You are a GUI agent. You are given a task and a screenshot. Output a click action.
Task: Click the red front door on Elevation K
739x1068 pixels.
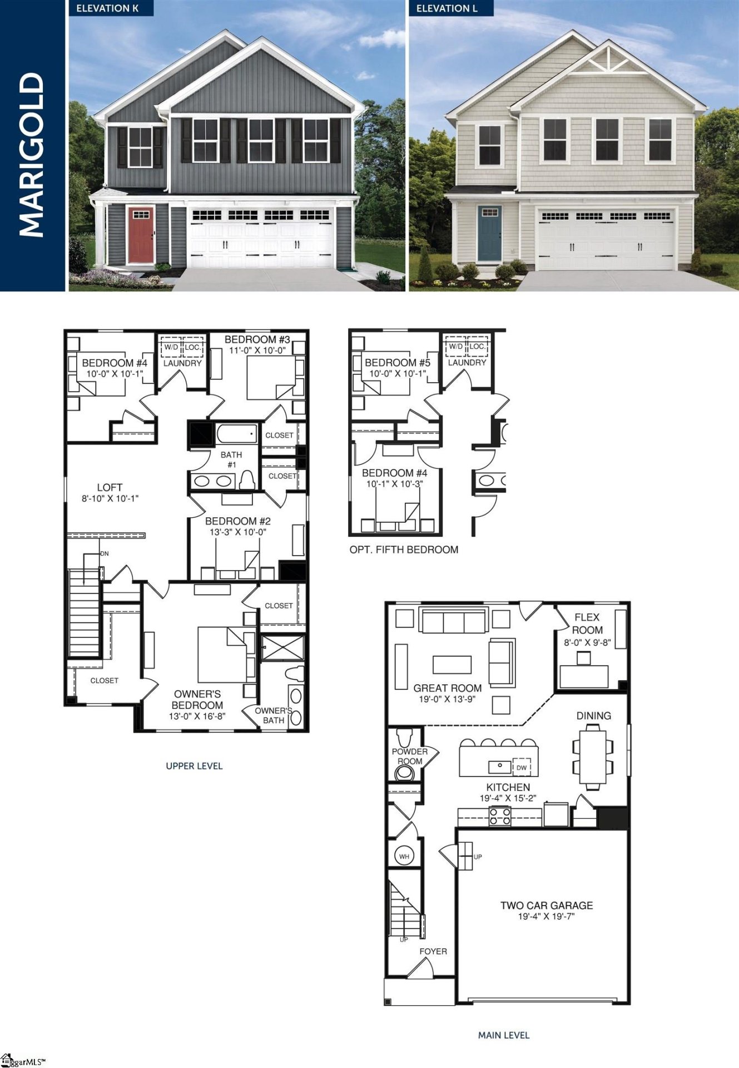pos(141,235)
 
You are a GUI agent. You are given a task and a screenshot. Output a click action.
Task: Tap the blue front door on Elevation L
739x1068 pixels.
pos(489,233)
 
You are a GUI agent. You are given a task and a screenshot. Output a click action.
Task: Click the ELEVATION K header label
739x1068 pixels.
pos(107,8)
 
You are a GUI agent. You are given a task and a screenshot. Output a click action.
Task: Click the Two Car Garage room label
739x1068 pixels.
pos(547,906)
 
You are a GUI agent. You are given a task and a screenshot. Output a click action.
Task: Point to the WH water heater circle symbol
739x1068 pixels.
pos(404,856)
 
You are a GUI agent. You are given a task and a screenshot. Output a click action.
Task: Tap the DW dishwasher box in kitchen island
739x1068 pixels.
pos(522,768)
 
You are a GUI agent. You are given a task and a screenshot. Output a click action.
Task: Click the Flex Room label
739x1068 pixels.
pos(587,624)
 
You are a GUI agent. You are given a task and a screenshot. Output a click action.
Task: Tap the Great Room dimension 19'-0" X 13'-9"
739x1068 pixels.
pos(447,699)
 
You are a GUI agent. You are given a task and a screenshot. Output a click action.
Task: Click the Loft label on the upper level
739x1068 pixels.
pos(110,487)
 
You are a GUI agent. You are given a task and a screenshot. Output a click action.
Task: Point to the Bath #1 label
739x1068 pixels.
pos(231,459)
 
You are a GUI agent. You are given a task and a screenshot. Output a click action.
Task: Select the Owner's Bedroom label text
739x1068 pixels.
pos(197,699)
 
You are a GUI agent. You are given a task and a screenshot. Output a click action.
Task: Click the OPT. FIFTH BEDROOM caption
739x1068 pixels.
pos(404,550)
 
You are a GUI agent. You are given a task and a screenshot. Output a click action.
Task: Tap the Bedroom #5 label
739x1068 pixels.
pos(397,362)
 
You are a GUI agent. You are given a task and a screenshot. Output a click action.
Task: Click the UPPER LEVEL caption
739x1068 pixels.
pos(194,766)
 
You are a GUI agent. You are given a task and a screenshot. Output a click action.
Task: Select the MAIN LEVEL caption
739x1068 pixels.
pos(504,1035)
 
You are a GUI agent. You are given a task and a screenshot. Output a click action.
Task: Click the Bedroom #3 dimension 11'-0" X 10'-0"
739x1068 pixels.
pos(257,350)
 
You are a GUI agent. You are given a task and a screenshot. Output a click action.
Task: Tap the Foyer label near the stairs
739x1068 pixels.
pos(433,951)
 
